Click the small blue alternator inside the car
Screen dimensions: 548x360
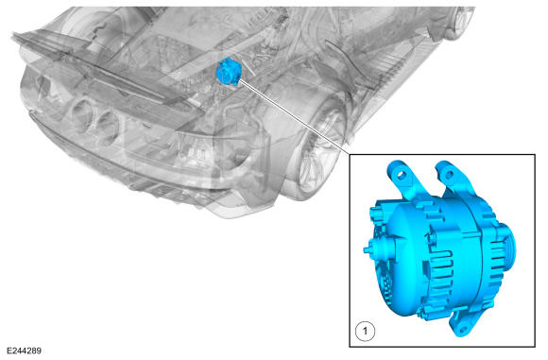click(x=228, y=73)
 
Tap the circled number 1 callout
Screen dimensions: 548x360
click(x=366, y=331)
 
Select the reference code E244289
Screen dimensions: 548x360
click(x=24, y=351)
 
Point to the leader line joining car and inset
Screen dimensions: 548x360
click(x=294, y=116)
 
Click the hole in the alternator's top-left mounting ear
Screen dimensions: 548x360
click(x=403, y=174)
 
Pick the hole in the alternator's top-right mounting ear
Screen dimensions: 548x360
click(x=449, y=174)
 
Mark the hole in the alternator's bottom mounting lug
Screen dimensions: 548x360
click(x=463, y=329)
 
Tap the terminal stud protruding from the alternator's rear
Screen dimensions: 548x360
click(x=368, y=249)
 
